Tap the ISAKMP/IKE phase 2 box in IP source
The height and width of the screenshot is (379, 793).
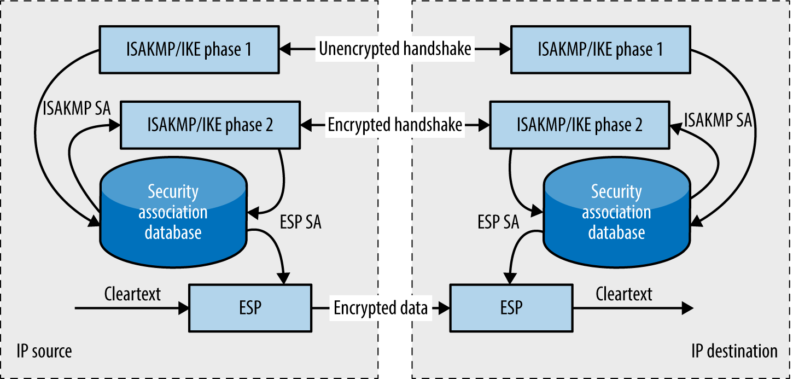click(211, 125)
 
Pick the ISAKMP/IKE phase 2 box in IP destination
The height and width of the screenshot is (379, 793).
click(580, 125)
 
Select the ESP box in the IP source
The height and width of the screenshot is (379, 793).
click(250, 307)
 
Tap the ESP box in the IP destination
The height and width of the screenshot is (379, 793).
click(511, 307)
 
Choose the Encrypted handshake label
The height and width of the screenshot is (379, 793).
click(395, 125)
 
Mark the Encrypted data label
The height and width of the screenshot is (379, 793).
click(381, 308)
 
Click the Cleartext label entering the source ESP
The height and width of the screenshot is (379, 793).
click(132, 294)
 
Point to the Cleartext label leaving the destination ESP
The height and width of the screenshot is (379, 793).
click(624, 294)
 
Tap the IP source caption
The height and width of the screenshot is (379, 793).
click(44, 351)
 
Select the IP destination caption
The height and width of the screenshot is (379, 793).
click(734, 351)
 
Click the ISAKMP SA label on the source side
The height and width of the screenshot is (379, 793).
click(77, 108)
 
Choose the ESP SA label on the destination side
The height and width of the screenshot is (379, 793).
click(498, 223)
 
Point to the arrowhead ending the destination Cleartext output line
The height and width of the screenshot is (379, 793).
click(688, 308)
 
